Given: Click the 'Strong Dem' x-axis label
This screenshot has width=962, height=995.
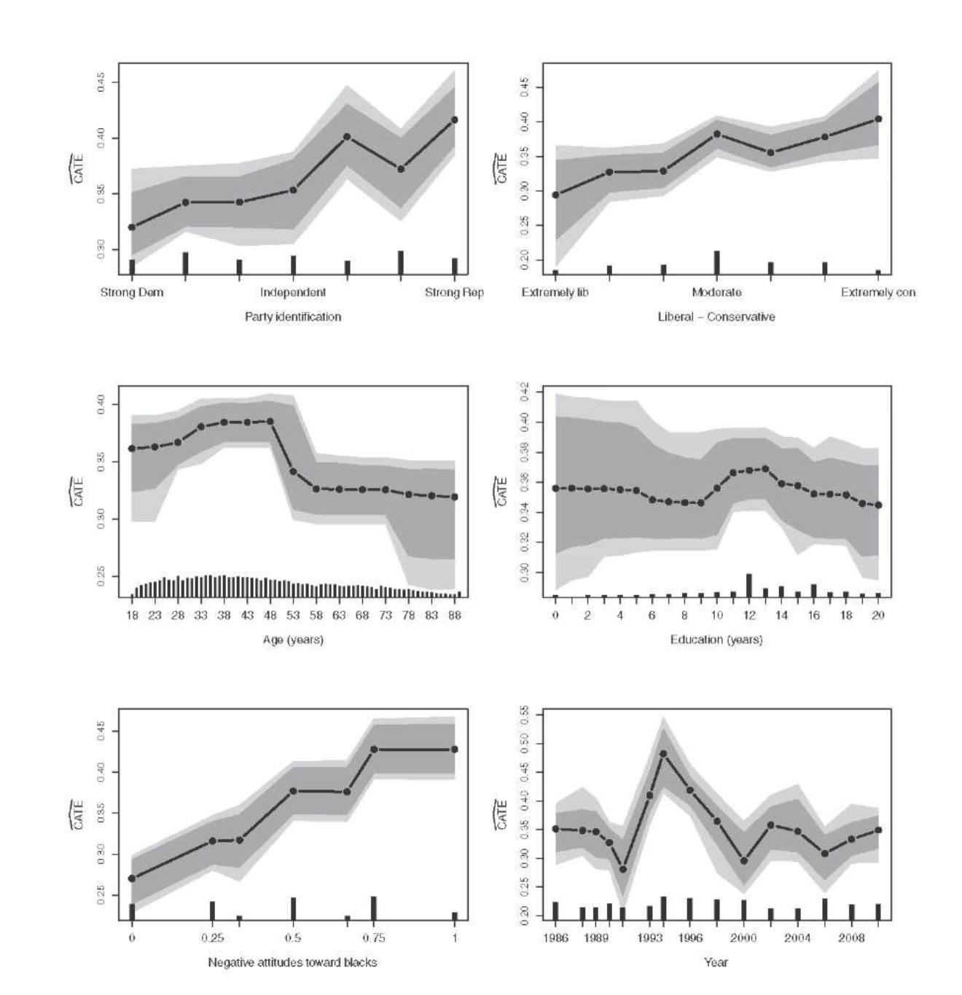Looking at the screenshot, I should click(132, 293).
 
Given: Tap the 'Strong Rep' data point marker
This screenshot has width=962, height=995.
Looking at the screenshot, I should click(455, 119).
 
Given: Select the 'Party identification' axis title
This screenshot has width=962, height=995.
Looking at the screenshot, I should click(293, 317).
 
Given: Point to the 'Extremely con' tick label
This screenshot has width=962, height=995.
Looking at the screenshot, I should click(878, 293).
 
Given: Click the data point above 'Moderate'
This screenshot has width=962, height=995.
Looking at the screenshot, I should click(717, 134).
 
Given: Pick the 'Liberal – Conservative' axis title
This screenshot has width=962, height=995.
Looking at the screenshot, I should click(716, 317).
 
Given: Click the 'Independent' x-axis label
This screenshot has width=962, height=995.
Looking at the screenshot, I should click(293, 293).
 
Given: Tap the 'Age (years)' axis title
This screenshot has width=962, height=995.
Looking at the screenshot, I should click(293, 640).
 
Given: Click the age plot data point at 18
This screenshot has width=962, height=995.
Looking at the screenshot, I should click(132, 448).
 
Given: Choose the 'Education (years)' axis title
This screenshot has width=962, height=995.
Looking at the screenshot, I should click(716, 640).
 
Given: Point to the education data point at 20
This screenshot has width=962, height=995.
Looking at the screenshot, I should click(878, 505).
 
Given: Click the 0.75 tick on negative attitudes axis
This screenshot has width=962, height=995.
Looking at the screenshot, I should click(374, 938).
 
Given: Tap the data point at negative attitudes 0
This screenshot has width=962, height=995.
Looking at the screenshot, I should click(132, 878).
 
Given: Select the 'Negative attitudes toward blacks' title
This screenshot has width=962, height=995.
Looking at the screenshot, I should click(293, 962).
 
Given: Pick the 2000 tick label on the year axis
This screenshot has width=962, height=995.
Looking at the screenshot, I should click(743, 938).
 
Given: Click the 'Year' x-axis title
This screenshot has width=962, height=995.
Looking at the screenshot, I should click(716, 962).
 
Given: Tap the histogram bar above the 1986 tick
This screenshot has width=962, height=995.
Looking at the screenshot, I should click(555, 911).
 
